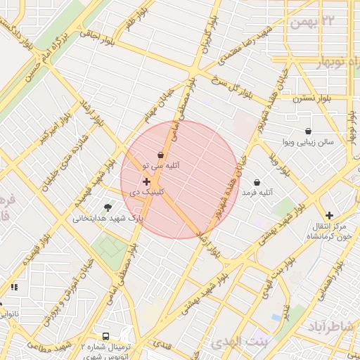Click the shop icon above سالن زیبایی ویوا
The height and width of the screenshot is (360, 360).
point(308,131)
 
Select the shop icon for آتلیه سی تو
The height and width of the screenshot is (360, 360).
point(161,155)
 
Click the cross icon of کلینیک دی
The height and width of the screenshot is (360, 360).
point(146,181)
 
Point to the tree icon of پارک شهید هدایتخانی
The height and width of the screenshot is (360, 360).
point(108,207)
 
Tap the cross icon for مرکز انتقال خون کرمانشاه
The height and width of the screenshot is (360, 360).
point(329,215)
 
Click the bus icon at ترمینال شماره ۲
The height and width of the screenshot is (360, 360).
point(105,337)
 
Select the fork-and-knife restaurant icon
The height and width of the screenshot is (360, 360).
point(14,286)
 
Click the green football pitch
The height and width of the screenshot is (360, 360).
point(110,247)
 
